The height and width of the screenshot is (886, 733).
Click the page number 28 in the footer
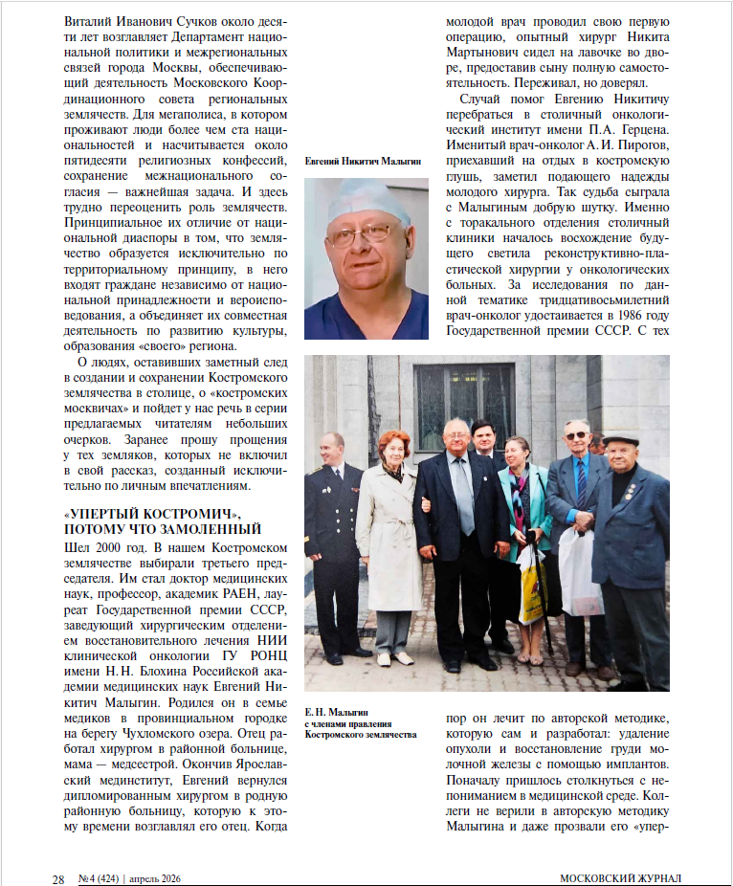click(x=57, y=876)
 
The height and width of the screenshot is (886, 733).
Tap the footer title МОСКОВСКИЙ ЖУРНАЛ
click(x=621, y=876)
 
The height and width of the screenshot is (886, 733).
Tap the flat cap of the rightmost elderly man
click(x=621, y=438)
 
